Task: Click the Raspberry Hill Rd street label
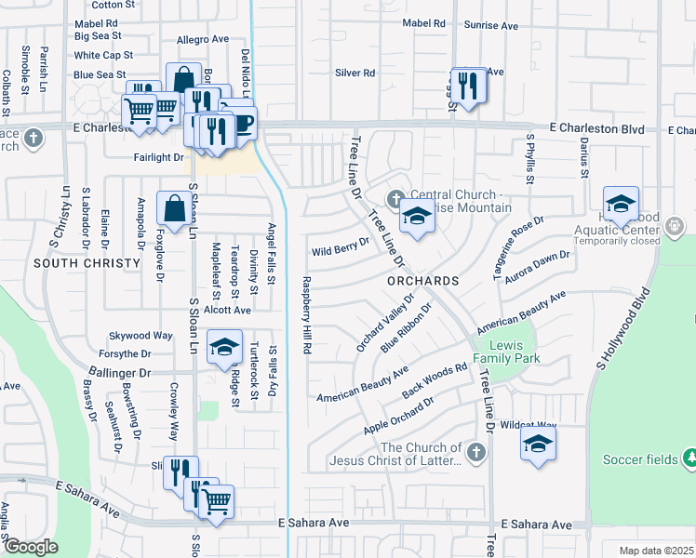pos(305,315)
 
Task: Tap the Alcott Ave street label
pos(229,310)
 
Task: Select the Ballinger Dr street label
pos(120,372)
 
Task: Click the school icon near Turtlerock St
pos(223,348)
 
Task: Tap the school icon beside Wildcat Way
pos(537,445)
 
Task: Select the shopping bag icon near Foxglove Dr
pos(174,208)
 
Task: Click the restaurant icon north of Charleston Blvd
pos(467,86)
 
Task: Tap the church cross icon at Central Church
pos(395,198)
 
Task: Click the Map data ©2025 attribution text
pos(656,551)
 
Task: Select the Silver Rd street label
pos(355,73)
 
